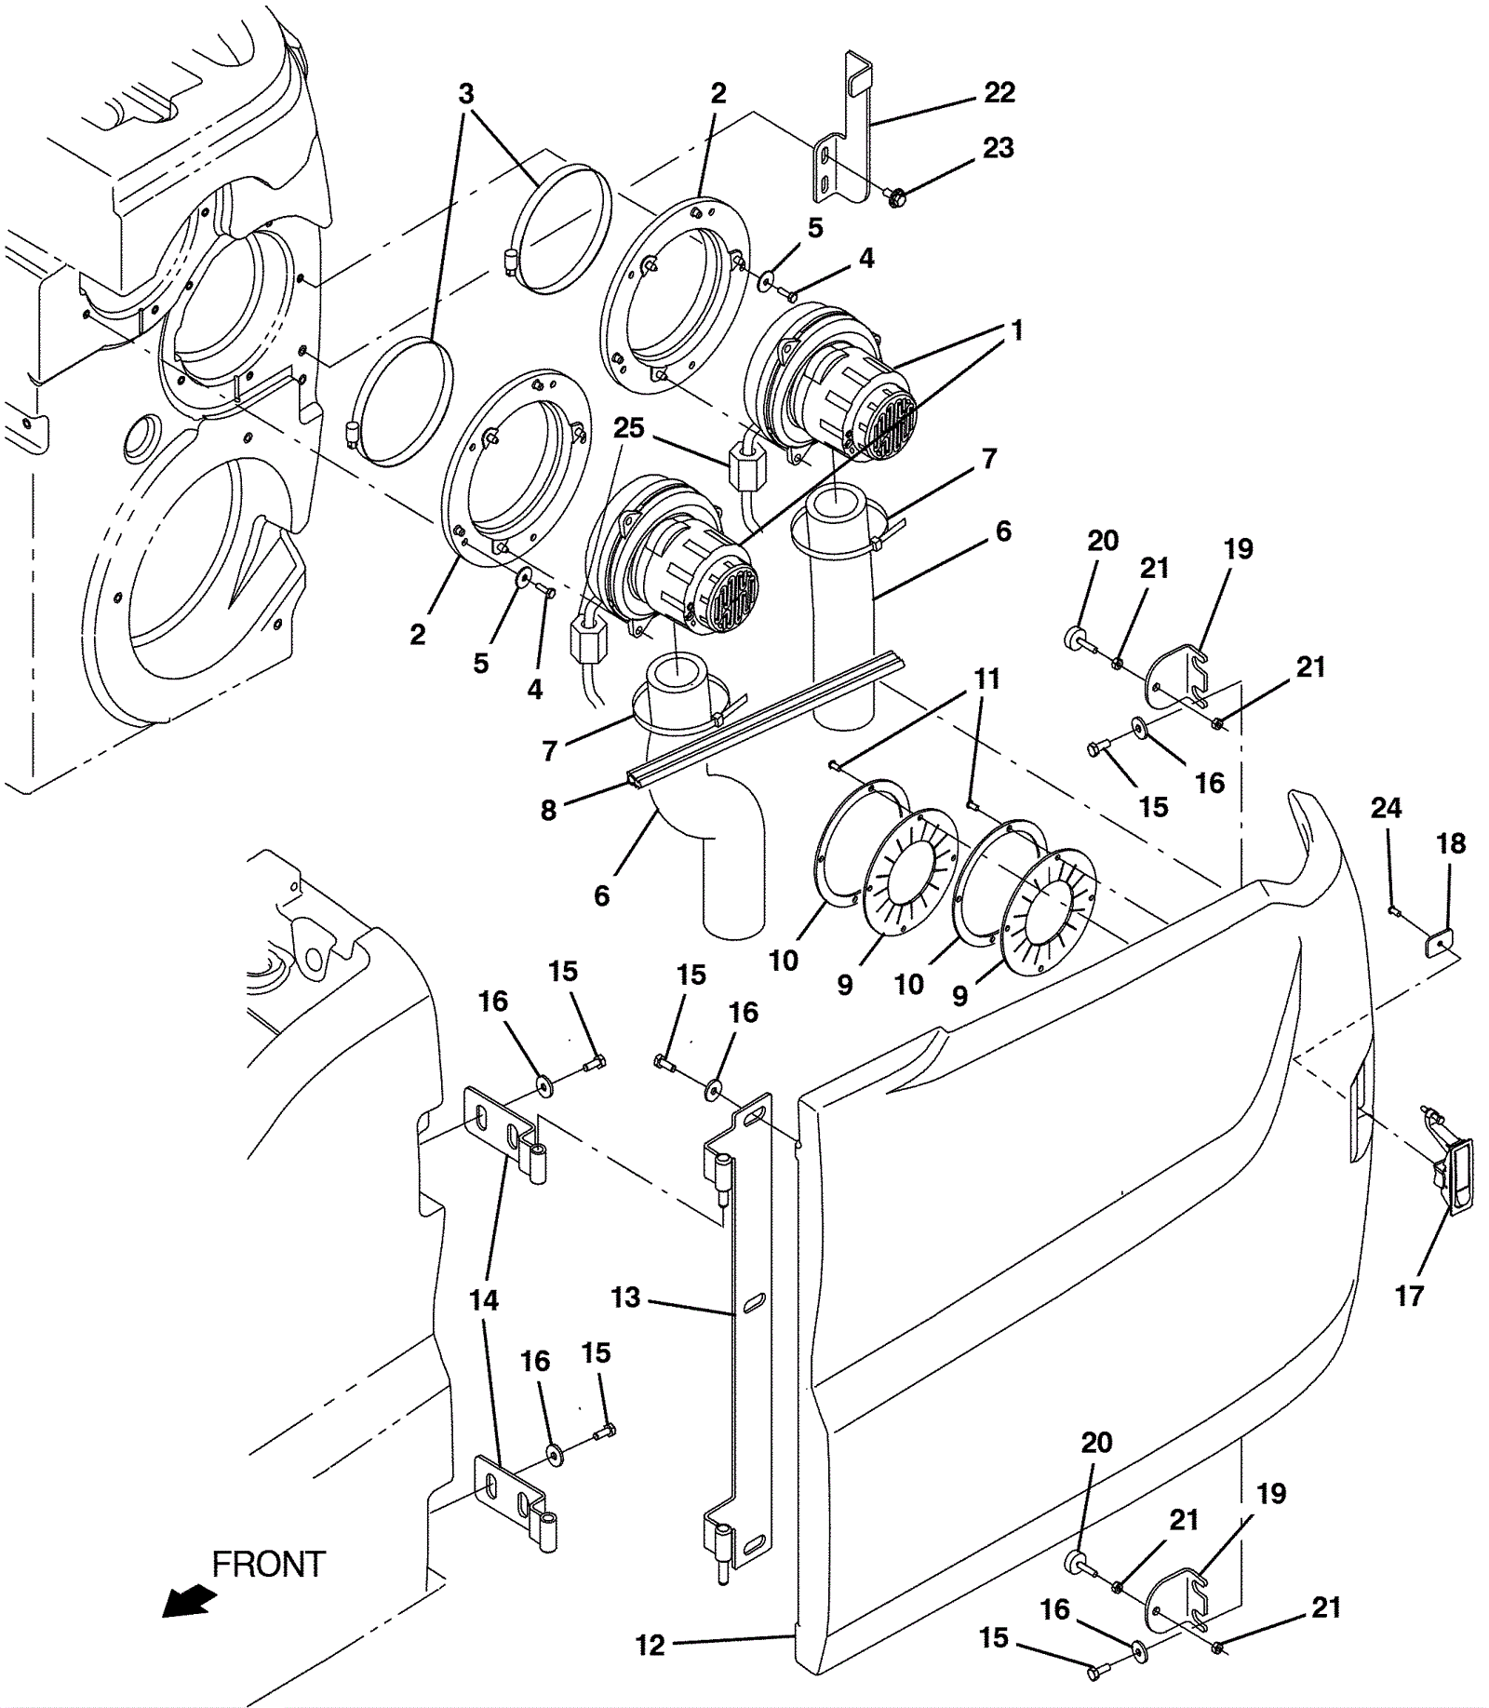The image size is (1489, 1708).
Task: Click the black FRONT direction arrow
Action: [189, 1602]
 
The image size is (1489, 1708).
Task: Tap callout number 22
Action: [999, 92]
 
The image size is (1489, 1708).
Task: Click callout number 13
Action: [625, 1297]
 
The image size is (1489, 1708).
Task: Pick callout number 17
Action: [1409, 1295]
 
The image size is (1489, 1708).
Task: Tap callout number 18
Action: [1451, 843]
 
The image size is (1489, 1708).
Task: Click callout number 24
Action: [1386, 807]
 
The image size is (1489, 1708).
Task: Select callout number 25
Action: [629, 427]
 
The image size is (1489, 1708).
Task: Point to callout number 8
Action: [549, 810]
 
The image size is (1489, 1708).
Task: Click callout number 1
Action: [1017, 329]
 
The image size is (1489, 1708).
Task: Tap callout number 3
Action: [466, 93]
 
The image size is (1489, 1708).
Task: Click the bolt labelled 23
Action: [896, 197]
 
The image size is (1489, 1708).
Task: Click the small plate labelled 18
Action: [1439, 945]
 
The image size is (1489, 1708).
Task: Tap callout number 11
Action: [987, 679]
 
